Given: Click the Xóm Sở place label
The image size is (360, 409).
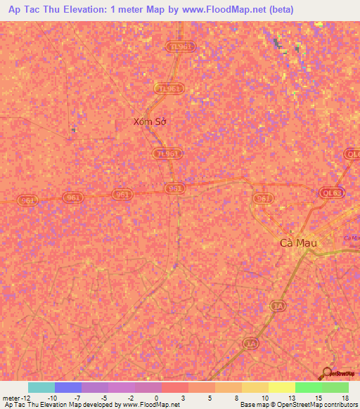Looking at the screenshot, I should click(150, 122).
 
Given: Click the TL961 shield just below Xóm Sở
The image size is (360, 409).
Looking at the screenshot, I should click(167, 154).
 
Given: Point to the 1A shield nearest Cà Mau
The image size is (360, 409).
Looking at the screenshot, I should click(279, 307).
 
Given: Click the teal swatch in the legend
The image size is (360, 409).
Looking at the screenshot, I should click(41, 387).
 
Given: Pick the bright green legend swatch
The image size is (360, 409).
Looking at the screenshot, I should click(308, 387).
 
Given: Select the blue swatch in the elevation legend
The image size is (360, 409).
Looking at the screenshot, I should click(68, 387).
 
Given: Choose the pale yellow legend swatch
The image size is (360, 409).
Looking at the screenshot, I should click(281, 387).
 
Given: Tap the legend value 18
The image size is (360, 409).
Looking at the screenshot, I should click(345, 398).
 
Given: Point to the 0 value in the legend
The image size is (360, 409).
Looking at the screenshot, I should click(156, 398).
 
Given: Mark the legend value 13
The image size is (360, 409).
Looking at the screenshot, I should click(291, 398).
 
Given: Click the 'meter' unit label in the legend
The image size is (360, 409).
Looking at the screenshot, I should click(12, 398).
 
